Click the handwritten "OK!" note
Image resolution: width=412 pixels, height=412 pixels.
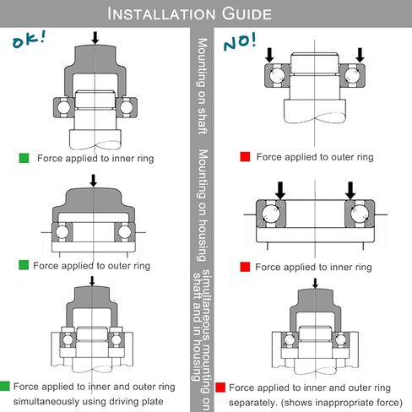[29, 40]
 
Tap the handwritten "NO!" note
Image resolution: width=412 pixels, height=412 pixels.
[240, 41]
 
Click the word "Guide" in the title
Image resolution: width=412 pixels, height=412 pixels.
[247, 14]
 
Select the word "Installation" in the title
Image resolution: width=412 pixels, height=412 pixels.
[161, 14]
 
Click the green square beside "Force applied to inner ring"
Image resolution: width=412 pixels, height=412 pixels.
[24, 158]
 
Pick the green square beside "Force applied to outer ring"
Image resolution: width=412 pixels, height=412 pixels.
[24, 265]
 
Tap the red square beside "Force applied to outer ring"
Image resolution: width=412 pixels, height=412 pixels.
[245, 157]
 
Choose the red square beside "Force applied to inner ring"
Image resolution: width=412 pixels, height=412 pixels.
[245, 267]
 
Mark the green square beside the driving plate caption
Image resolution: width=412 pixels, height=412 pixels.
[4, 386]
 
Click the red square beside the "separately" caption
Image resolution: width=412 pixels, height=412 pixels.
[220, 388]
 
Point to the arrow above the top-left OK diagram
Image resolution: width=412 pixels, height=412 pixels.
[95, 38]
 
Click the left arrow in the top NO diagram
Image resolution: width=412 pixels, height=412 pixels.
[269, 55]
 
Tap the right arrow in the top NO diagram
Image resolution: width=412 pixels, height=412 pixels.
[360, 55]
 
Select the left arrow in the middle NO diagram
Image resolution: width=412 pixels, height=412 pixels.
[280, 191]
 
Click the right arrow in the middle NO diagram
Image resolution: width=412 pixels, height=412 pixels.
[350, 191]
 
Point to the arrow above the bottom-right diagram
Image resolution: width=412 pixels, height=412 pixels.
[315, 284]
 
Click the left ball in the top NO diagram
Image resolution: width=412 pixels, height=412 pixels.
[277, 75]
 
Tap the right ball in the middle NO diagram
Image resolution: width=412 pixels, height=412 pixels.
[360, 214]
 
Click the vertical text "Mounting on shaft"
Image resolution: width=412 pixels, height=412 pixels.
[203, 86]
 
